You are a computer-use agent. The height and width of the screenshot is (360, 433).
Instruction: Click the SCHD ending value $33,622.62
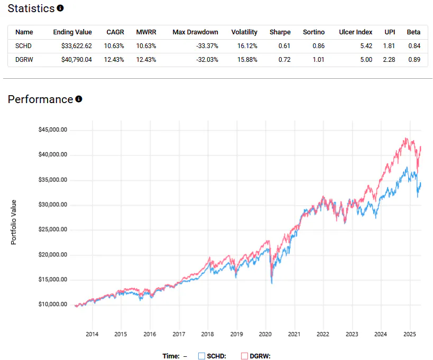tap(72, 46)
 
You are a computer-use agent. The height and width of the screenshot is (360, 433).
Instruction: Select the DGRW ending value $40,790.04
tap(72, 60)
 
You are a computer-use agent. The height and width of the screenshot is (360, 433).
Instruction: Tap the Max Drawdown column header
tap(195, 32)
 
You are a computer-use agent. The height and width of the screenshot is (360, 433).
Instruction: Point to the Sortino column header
tap(314, 32)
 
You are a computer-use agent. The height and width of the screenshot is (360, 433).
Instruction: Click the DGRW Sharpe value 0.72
tap(284, 60)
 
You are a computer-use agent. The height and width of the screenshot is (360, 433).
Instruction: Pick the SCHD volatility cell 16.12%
tap(245, 46)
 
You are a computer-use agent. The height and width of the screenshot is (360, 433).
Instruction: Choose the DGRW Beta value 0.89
tap(414, 60)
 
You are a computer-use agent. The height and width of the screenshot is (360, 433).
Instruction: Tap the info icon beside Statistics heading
tap(60, 8)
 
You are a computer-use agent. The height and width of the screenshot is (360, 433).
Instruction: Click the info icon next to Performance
tap(79, 99)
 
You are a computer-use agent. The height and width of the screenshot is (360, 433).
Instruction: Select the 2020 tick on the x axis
tap(265, 335)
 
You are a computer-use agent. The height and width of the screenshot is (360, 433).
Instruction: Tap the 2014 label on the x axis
tap(92, 335)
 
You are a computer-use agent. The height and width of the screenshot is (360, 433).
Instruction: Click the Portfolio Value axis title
tap(14, 222)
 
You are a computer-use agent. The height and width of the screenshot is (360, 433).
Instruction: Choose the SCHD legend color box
tap(201, 356)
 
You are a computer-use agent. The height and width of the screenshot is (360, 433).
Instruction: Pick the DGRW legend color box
tap(244, 356)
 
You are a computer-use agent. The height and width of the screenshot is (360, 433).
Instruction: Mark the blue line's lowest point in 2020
tap(272, 284)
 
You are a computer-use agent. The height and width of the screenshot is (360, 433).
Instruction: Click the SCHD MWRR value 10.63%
tap(146, 46)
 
